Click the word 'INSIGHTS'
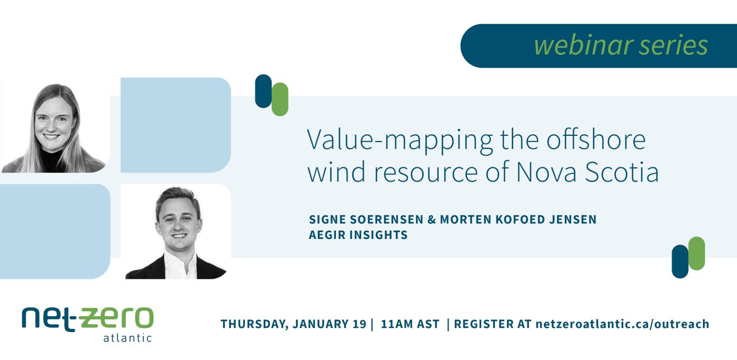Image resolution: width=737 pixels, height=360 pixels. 379,235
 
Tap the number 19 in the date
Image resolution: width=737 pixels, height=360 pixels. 358,324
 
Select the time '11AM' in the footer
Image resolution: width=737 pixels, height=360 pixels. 397,324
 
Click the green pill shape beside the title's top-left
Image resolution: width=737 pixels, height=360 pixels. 280,99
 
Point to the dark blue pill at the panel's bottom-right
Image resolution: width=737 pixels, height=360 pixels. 680,262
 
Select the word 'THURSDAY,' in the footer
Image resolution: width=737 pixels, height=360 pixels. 253,324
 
